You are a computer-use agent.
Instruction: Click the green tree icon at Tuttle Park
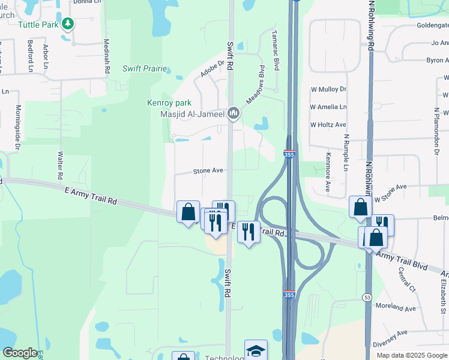[x=68, y=24]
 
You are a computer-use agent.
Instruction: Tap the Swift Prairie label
[x=145, y=68]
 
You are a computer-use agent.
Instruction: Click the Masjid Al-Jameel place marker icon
[x=234, y=113]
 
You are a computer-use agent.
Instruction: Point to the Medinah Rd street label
[x=106, y=57]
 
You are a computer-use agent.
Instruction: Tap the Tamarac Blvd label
[x=276, y=51]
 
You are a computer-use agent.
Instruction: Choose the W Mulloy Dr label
[x=328, y=89]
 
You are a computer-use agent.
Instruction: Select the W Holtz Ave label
[x=328, y=125]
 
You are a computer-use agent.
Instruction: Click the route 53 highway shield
[x=366, y=298]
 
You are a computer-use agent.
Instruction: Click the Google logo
[x=20, y=352]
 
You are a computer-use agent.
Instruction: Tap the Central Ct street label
[x=406, y=279]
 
